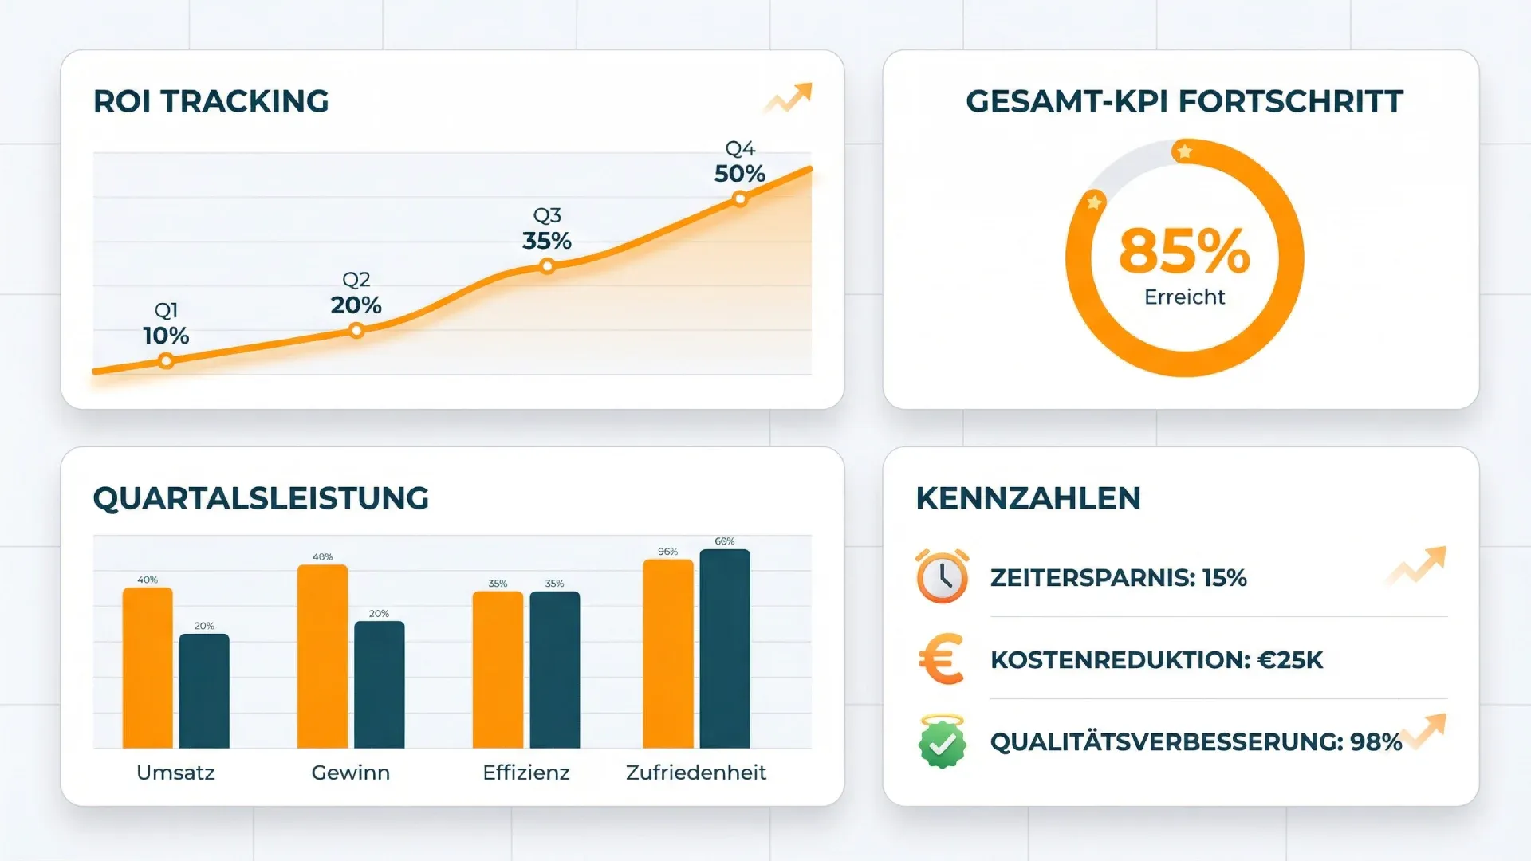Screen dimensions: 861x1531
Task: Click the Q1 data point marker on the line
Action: [166, 361]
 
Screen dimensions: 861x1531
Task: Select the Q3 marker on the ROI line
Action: [547, 266]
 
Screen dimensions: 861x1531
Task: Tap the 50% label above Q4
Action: [739, 174]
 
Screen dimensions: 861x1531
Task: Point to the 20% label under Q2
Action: [356, 305]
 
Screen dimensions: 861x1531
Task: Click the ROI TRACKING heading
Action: [211, 101]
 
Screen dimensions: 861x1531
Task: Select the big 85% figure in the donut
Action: [1184, 251]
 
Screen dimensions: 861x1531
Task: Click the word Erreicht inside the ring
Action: [1184, 297]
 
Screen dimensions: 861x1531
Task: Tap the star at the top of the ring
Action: [1185, 151]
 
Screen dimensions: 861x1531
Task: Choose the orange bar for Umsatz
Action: [148, 668]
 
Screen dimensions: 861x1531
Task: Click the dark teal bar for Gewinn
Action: [379, 685]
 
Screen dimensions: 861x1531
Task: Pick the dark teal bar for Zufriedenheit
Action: [724, 649]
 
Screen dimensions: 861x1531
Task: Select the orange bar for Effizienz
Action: [498, 670]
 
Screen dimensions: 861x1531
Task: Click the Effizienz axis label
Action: [525, 773]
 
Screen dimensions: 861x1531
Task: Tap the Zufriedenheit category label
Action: [695, 773]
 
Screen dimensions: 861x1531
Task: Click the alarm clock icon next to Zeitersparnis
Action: [942, 576]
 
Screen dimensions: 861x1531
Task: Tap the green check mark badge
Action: [942, 742]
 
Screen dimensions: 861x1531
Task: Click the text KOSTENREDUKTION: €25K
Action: [1156, 660]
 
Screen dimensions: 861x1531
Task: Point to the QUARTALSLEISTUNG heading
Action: [261, 498]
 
